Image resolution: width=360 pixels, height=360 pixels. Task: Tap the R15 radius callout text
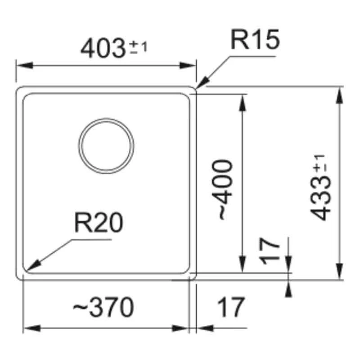click(x=255, y=40)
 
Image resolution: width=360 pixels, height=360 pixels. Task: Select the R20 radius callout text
click(x=98, y=224)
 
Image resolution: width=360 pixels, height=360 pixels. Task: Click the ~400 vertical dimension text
click(x=225, y=189)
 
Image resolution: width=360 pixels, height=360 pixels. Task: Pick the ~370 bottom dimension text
click(x=103, y=308)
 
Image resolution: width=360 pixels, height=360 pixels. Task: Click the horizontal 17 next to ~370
click(x=230, y=308)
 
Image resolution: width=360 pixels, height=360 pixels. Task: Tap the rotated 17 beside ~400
click(x=270, y=252)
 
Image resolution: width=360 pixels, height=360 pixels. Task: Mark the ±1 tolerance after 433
click(x=320, y=163)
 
